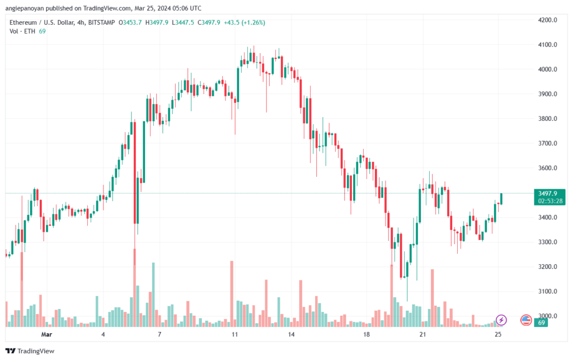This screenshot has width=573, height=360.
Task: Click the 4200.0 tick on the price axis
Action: pyautogui.click(x=547, y=20)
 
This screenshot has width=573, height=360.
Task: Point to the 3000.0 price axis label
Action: pyautogui.click(x=547, y=316)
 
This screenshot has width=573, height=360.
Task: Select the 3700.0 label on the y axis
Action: pyautogui.click(x=547, y=143)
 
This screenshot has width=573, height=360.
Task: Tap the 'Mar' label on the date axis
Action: pyautogui.click(x=46, y=334)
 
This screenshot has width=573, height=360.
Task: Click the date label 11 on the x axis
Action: pyautogui.click(x=234, y=334)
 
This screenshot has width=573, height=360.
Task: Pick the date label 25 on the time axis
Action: pyautogui.click(x=497, y=334)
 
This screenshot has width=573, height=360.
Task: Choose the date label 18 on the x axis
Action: pyautogui.click(x=367, y=334)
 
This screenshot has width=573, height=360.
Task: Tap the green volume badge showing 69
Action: pyautogui.click(x=541, y=322)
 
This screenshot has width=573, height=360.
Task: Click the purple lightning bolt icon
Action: pyautogui.click(x=501, y=320)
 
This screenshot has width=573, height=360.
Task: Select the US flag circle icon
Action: pyautogui.click(x=526, y=320)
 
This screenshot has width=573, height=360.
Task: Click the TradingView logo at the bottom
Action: pyautogui.click(x=30, y=351)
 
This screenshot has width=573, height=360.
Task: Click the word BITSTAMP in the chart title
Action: pyautogui.click(x=102, y=22)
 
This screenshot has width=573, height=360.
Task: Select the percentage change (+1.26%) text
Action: pyautogui.click(x=253, y=22)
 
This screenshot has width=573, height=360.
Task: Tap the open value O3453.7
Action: pyautogui.click(x=130, y=22)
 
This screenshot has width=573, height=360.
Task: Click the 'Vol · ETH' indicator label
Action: pyautogui.click(x=22, y=31)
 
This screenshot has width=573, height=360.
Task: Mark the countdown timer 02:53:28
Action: pyautogui.click(x=549, y=201)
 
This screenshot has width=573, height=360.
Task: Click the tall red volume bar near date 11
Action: pyautogui.click(x=232, y=294)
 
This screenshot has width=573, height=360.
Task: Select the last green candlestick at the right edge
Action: pyautogui.click(x=501, y=199)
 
